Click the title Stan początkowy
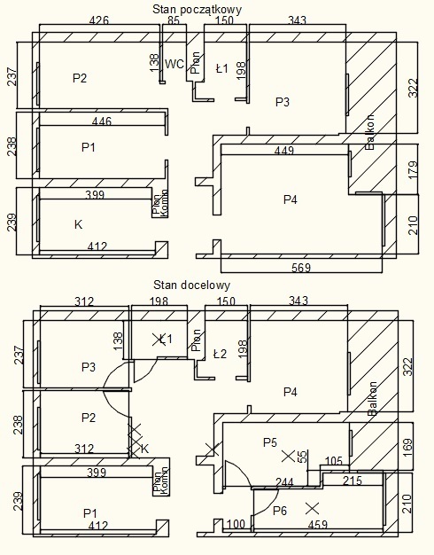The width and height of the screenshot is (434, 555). [197, 10]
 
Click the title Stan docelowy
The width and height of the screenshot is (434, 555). [191, 285]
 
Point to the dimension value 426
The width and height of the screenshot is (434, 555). [99, 20]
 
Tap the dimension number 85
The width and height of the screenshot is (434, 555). [174, 20]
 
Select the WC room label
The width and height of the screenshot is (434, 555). [174, 64]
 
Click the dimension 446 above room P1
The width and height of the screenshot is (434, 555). [102, 121]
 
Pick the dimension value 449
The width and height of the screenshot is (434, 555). [284, 151]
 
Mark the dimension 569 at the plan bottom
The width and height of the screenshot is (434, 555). [300, 268]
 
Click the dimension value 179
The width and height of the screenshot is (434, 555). [413, 169]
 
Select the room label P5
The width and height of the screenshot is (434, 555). [270, 442]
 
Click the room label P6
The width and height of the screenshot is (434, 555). [280, 511]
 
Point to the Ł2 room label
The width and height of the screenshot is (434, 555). [220, 354]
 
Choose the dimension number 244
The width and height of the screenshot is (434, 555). [284, 482]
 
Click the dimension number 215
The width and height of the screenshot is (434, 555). [353, 481]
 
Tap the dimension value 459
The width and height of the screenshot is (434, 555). [318, 524]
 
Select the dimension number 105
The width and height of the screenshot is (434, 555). [333, 460]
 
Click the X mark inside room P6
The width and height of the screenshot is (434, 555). [312, 509]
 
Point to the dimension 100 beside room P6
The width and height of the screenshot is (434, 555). [236, 524]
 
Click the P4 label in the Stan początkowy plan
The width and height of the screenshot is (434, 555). [291, 199]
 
